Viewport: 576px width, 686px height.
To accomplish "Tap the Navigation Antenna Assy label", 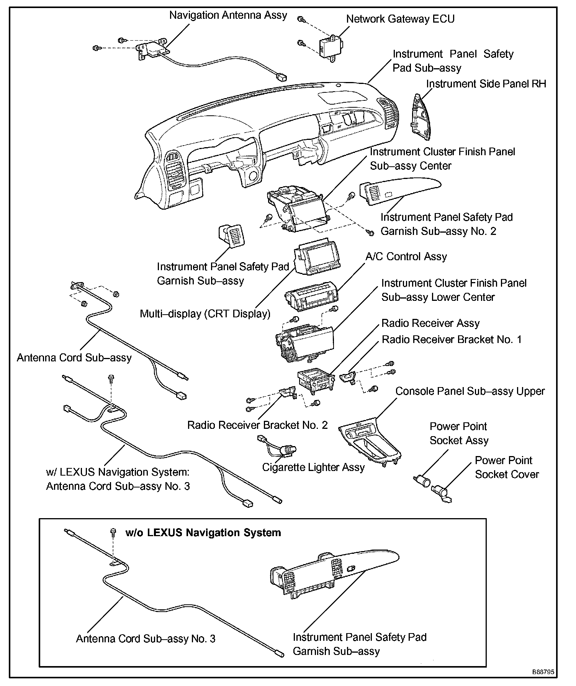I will pos(228,15).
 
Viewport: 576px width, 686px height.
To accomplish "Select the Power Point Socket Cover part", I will pos(441,492).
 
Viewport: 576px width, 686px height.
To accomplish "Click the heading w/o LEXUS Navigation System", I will pos(203,533).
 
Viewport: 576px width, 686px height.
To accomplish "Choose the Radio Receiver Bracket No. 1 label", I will pos(452,340).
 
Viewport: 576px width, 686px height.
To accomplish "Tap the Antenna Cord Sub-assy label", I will pos(74,358).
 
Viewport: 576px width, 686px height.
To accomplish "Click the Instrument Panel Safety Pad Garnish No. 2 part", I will pos(398,190).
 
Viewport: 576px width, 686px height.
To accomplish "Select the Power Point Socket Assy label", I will pos(459,433).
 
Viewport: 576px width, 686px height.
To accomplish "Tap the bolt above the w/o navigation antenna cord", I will pos(113,532).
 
